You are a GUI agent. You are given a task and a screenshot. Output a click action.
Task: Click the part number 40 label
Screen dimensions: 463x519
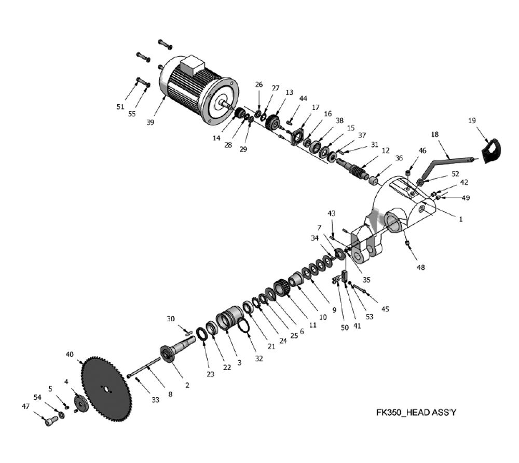click(x=70, y=355)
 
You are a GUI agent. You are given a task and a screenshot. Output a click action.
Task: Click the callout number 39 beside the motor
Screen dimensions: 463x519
click(x=150, y=122)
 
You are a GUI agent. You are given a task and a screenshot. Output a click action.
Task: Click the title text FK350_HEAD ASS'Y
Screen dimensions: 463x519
click(x=416, y=413)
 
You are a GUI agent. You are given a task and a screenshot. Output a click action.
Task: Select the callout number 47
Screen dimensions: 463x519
click(x=25, y=406)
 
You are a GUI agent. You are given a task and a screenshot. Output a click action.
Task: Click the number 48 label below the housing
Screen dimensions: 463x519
click(x=420, y=267)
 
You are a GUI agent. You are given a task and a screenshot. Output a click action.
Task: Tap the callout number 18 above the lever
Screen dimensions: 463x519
click(x=435, y=134)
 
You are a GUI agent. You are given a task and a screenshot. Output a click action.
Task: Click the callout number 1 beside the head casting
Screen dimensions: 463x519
click(x=460, y=219)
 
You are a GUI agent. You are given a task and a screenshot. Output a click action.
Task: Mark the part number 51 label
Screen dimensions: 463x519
click(x=120, y=107)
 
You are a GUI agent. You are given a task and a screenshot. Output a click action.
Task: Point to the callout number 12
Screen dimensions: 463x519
click(x=385, y=151)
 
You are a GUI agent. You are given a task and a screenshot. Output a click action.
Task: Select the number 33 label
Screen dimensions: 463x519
click(x=156, y=400)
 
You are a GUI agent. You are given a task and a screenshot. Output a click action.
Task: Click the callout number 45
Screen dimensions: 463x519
click(x=385, y=309)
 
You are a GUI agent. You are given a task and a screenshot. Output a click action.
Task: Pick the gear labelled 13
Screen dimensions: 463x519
click(x=272, y=123)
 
